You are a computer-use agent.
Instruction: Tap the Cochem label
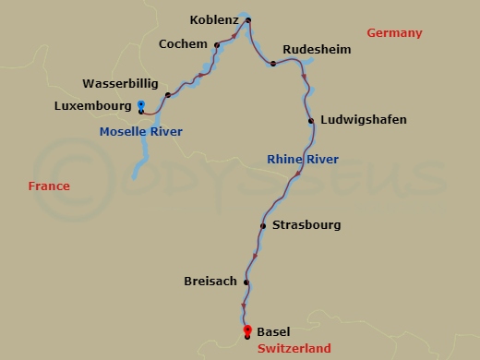[x=182, y=43]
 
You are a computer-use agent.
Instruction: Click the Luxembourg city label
[x=93, y=106]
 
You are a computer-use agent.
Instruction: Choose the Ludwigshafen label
[x=363, y=120]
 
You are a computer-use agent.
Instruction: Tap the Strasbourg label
[x=308, y=224]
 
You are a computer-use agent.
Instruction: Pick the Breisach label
[x=210, y=281]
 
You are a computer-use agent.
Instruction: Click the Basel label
[x=273, y=330]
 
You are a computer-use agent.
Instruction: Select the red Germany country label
[x=394, y=33]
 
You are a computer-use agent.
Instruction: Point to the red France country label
[x=48, y=186]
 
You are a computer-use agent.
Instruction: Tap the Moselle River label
[x=140, y=132]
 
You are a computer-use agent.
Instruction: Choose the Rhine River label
[x=302, y=160]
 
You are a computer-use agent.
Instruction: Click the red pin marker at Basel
[x=246, y=330]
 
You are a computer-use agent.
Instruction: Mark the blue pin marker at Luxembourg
[x=140, y=104]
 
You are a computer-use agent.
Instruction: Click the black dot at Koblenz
[x=248, y=20]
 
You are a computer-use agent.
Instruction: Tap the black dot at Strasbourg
[x=263, y=225]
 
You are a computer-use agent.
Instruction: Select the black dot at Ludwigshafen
[x=311, y=121]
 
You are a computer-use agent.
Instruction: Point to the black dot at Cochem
[x=216, y=44]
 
